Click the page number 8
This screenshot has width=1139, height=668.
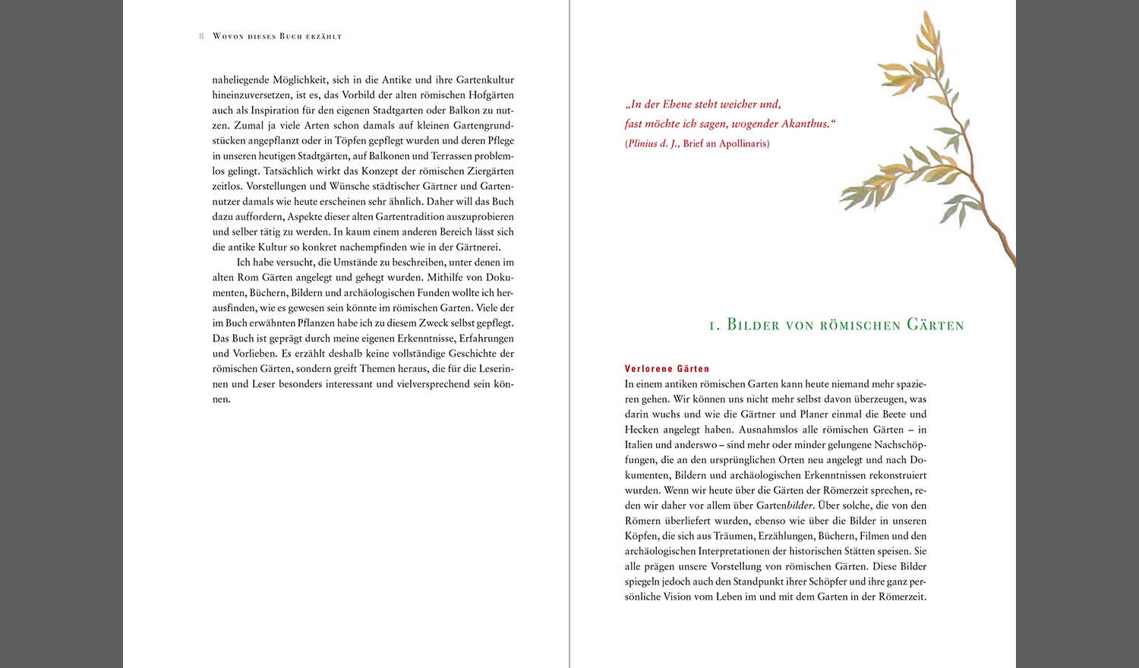tap(201, 36)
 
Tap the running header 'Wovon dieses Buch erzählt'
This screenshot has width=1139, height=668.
tap(277, 36)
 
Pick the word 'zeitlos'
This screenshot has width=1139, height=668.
tap(227, 186)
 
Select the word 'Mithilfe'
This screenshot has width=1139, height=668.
tap(448, 277)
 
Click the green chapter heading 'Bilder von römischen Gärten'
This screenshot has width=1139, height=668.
tap(836, 325)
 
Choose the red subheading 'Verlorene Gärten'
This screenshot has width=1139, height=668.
tap(667, 369)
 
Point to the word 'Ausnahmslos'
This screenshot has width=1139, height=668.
tap(768, 430)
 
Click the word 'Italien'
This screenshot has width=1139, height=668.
tap(639, 445)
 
